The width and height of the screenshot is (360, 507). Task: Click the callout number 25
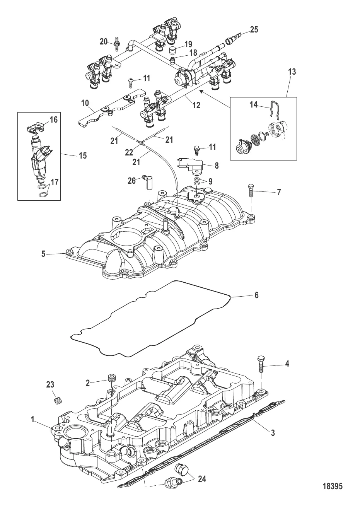pos(254,30)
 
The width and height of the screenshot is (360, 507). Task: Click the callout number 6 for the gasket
pos(256,296)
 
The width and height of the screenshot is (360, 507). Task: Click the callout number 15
pos(83,155)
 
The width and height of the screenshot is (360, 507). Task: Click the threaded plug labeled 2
pos(112,377)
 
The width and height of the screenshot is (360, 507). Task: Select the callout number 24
pos(202,479)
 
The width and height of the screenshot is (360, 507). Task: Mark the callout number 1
pos(33,419)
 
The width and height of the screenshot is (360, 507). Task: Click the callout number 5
pos(44,254)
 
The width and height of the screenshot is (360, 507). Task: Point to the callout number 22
pos(129,153)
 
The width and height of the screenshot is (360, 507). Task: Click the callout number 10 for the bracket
pos(85,103)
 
